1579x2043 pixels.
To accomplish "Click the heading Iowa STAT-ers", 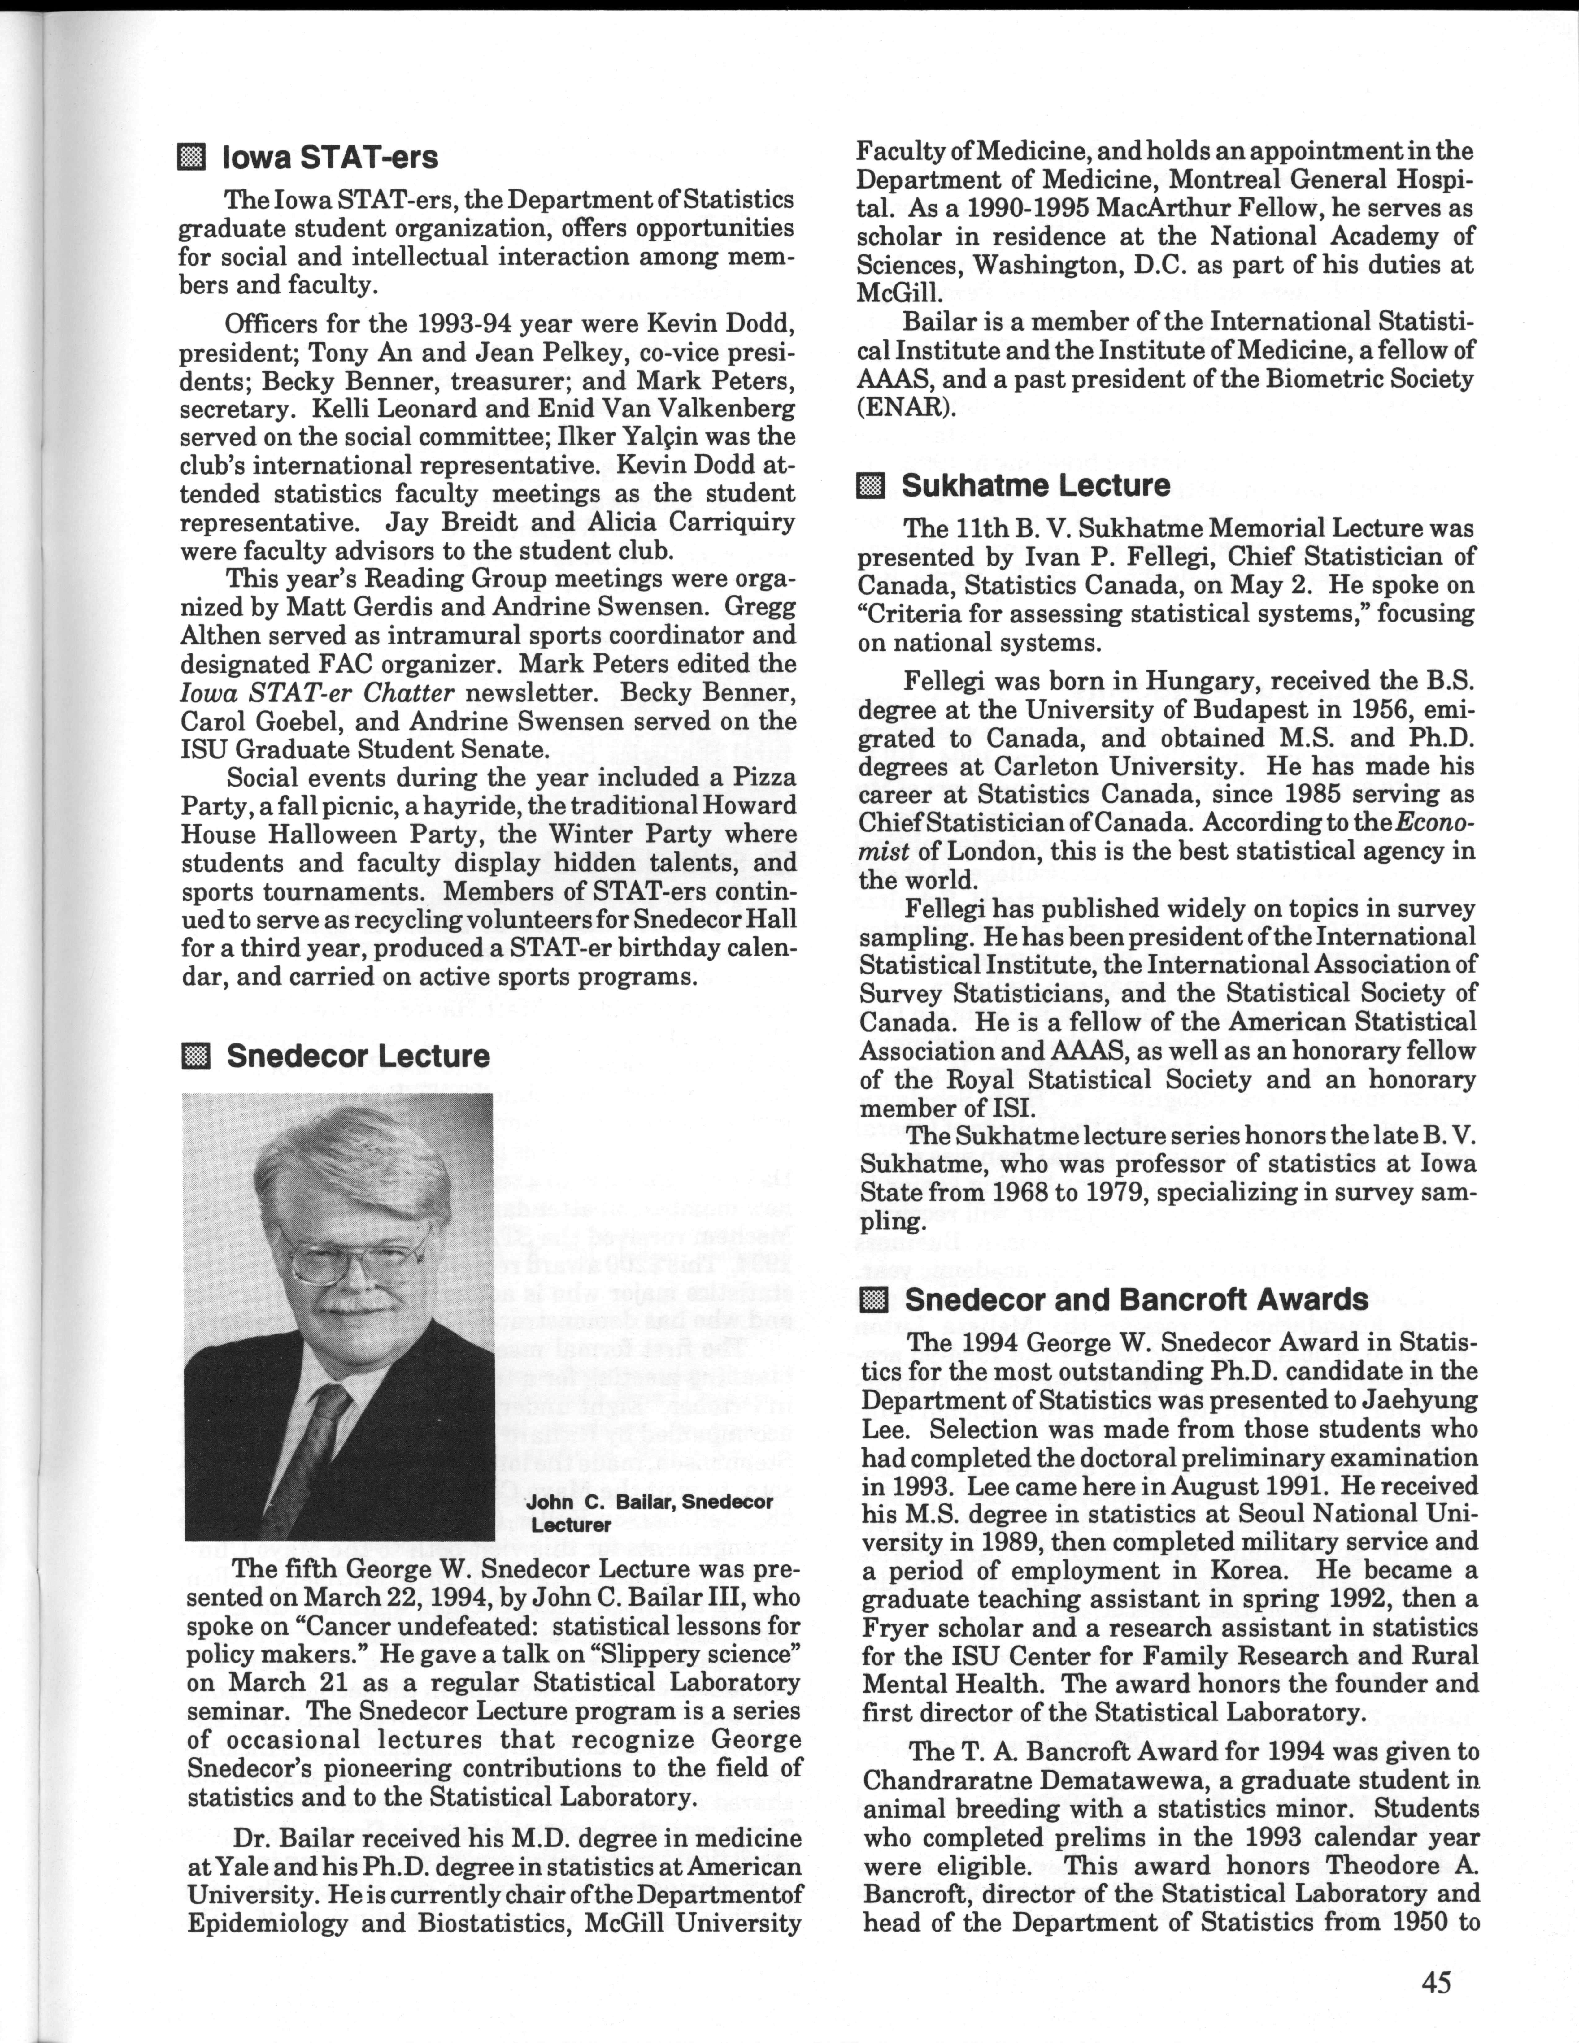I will point(329,157).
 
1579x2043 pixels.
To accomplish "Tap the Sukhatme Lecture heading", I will point(1035,485).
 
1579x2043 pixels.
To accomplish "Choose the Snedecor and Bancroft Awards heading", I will point(1137,1300).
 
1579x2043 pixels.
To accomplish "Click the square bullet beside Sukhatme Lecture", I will point(870,485).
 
